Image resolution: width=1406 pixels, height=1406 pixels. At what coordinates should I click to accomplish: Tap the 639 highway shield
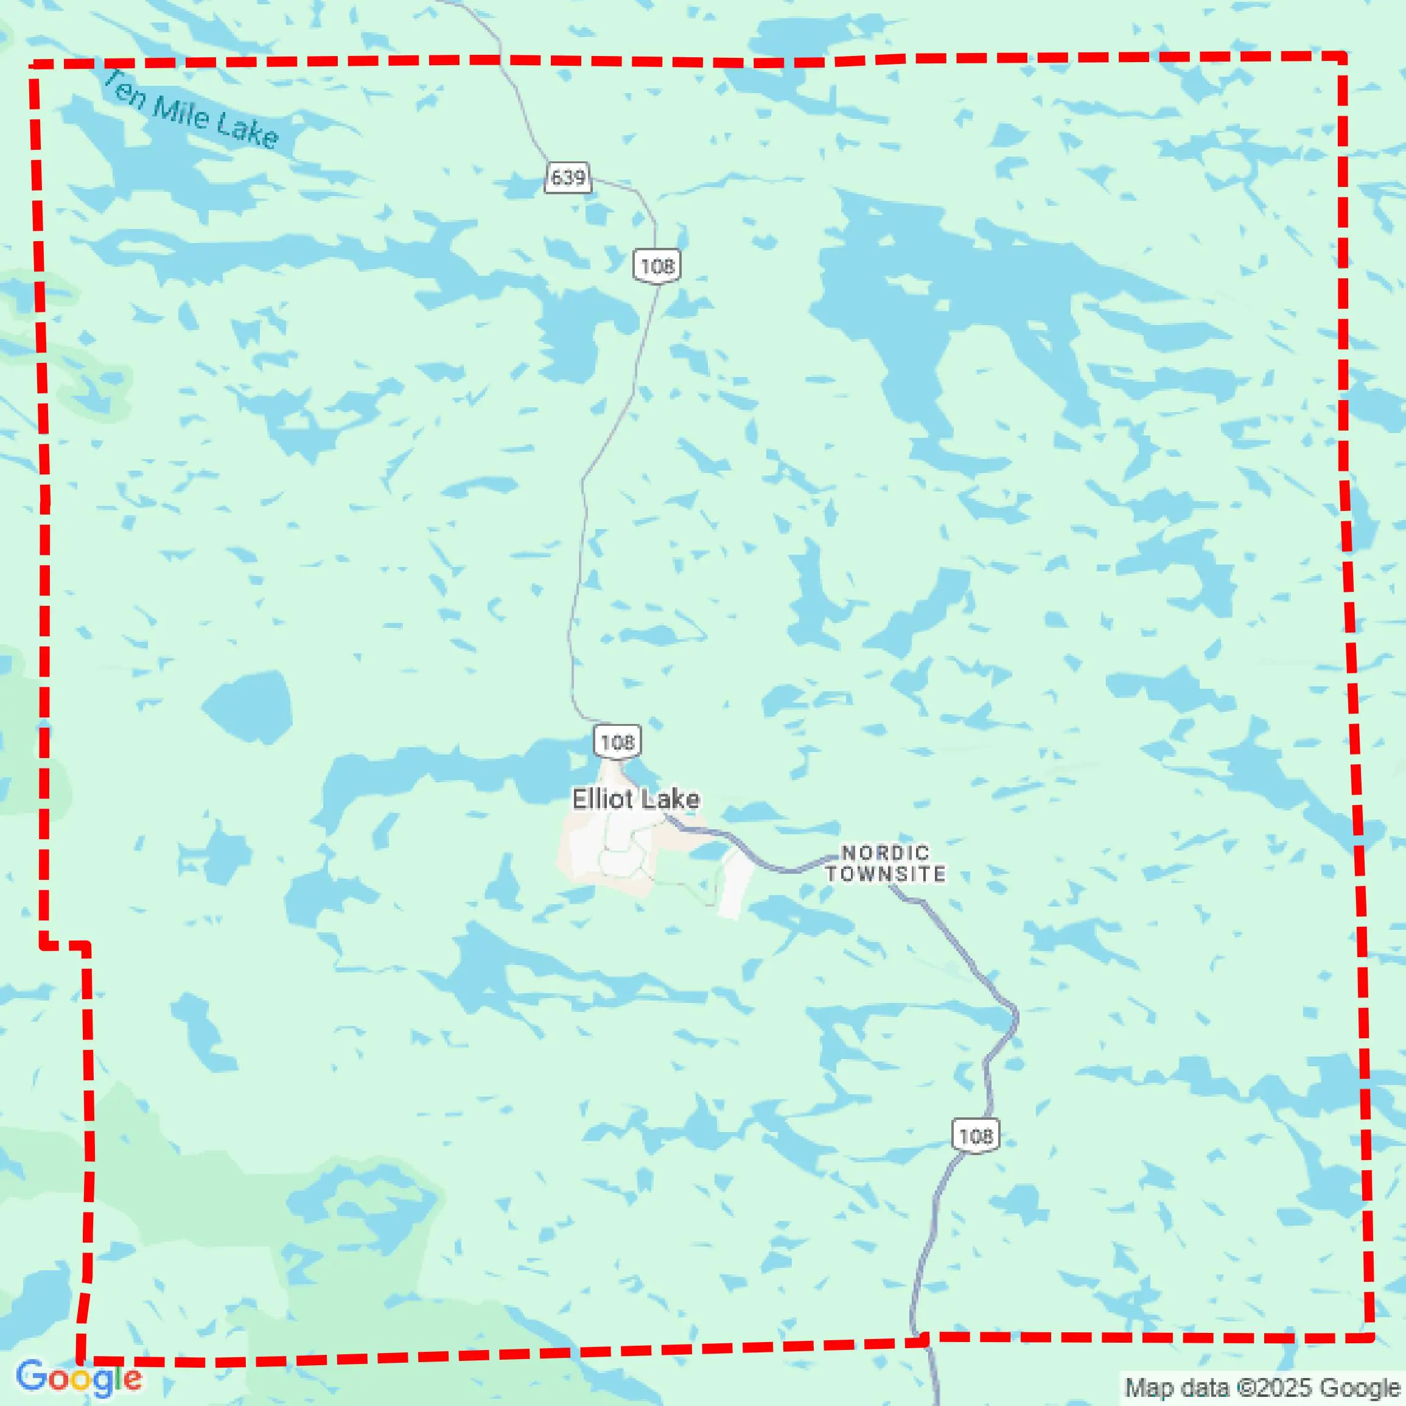click(568, 177)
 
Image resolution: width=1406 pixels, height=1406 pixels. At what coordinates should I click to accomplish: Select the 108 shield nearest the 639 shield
click(657, 265)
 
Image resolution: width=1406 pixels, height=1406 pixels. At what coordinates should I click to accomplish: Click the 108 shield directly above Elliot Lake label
click(617, 742)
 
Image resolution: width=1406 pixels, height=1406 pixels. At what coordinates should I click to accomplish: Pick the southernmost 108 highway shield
click(975, 1135)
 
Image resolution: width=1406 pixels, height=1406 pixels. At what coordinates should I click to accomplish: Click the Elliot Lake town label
click(635, 799)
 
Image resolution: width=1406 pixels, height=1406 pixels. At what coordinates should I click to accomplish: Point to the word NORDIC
click(885, 852)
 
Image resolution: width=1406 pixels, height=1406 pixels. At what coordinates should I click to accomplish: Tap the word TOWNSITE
click(885, 874)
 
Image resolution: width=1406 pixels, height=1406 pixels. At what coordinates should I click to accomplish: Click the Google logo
click(79, 1377)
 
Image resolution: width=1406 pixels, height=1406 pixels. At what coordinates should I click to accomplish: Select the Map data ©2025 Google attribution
click(1262, 1387)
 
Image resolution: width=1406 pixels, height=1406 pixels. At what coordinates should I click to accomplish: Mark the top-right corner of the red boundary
click(1343, 55)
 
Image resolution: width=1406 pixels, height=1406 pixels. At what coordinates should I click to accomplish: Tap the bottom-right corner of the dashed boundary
click(1370, 1337)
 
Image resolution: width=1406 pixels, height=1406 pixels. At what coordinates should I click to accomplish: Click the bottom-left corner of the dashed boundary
click(80, 1360)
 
